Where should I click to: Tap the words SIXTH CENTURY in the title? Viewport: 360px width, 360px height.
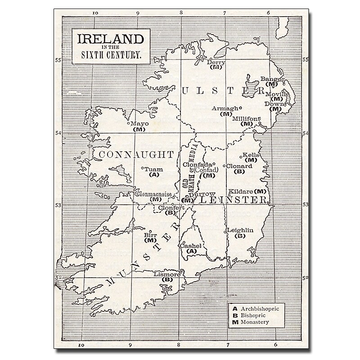click(x=111, y=57)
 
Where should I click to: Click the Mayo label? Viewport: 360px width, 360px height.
click(x=139, y=123)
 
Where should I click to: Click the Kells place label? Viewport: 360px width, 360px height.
click(x=250, y=155)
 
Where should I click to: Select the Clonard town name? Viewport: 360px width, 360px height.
click(x=239, y=166)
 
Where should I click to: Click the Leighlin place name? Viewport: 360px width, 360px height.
click(x=241, y=230)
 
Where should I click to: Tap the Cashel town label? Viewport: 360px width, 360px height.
click(x=189, y=246)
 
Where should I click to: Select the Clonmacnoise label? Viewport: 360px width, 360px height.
click(x=154, y=194)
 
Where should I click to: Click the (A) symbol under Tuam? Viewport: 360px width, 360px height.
click(x=154, y=174)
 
